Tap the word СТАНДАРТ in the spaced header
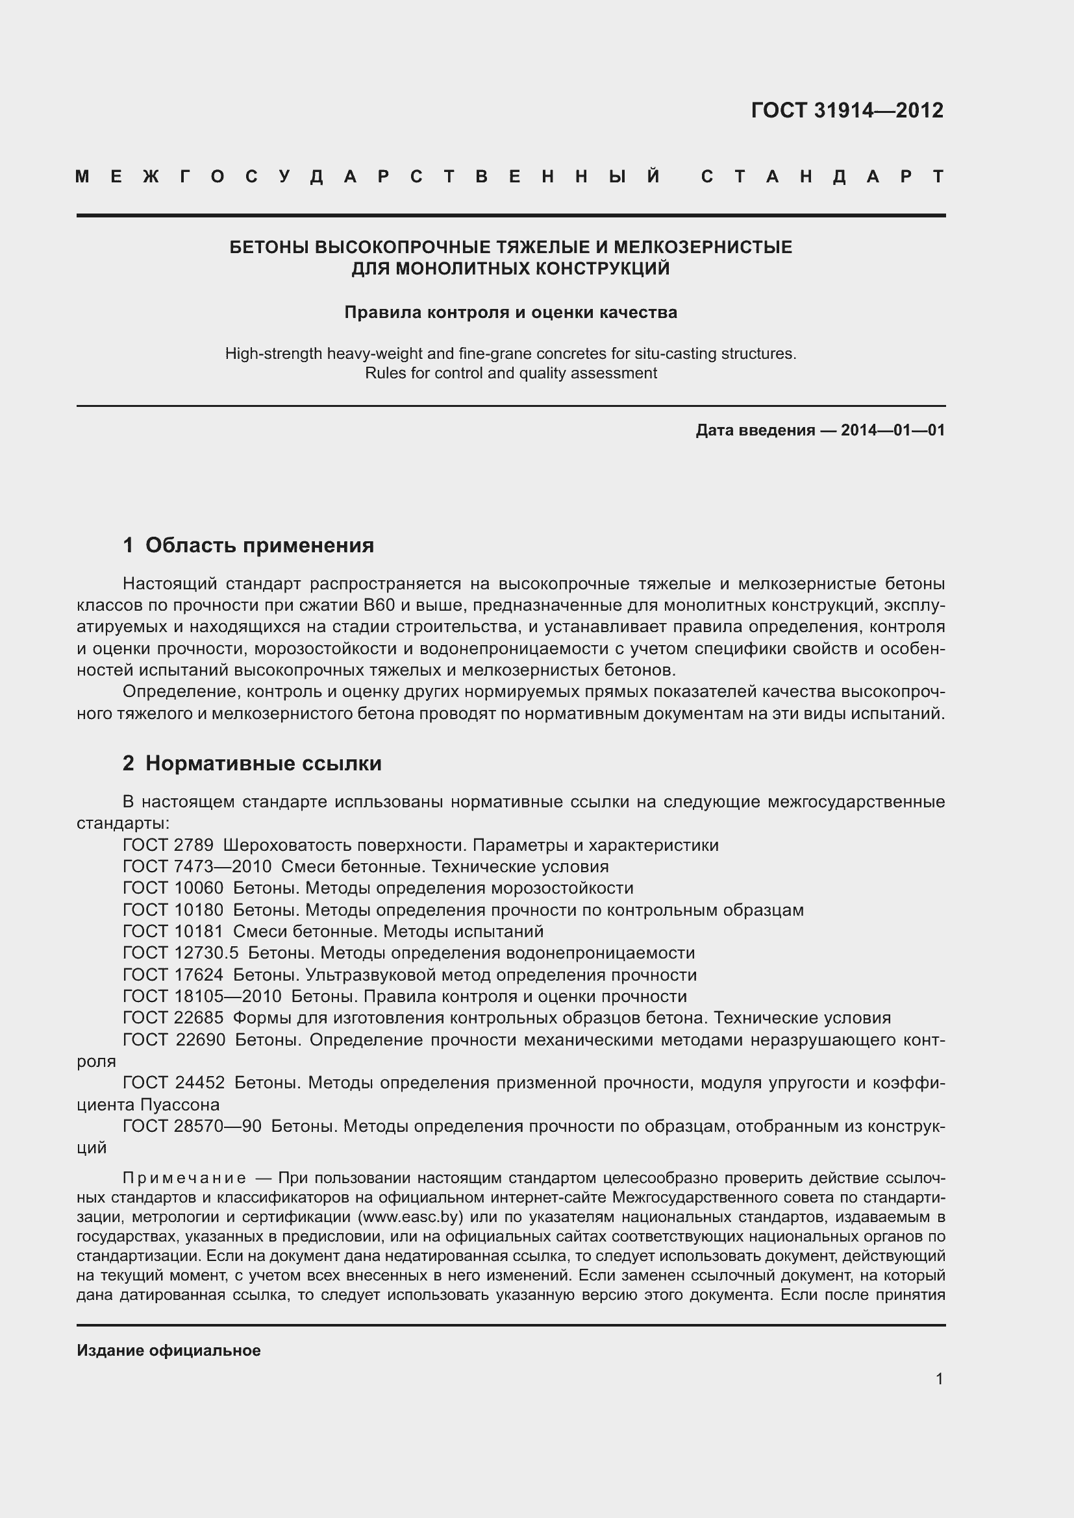pyautogui.click(x=822, y=177)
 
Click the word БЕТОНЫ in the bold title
pyautogui.click(x=269, y=247)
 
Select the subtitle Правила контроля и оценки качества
pyautogui.click(x=510, y=312)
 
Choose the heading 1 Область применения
pyautogui.click(x=248, y=545)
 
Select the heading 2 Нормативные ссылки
pyautogui.click(x=252, y=764)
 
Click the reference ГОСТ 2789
pyautogui.click(x=168, y=845)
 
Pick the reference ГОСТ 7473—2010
pyautogui.click(x=197, y=867)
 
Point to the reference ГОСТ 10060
pyautogui.click(x=173, y=888)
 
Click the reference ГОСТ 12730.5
pyautogui.click(x=181, y=953)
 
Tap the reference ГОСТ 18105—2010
pyautogui.click(x=202, y=996)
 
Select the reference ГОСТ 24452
pyautogui.click(x=173, y=1083)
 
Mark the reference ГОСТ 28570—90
pyautogui.click(x=192, y=1126)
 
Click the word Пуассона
pyautogui.click(x=180, y=1105)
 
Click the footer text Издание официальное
pyautogui.click(x=169, y=1351)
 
